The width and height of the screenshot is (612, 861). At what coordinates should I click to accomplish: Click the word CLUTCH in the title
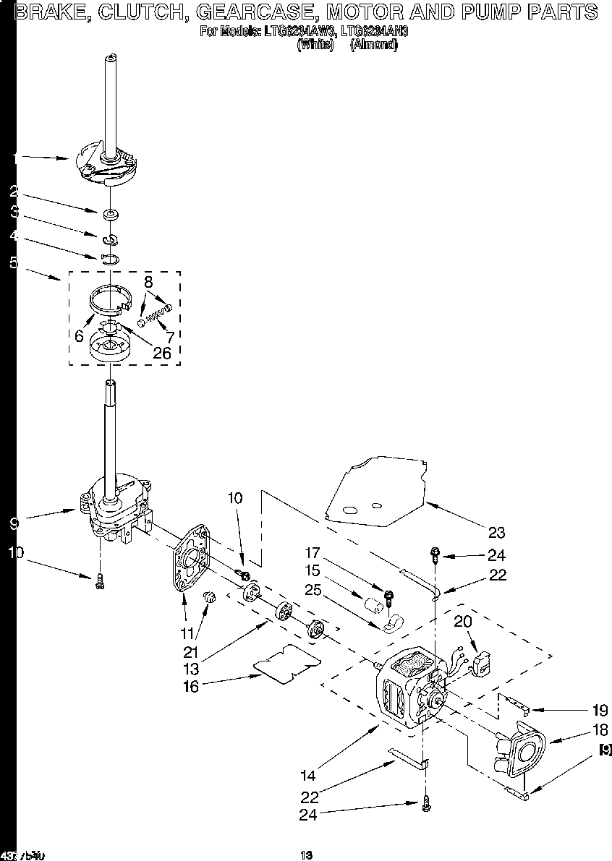tap(132, 12)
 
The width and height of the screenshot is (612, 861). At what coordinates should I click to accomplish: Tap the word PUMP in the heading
tap(472, 12)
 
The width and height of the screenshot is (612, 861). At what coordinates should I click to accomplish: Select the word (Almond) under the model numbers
tap(373, 43)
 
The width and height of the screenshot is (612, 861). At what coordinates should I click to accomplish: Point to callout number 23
tap(496, 533)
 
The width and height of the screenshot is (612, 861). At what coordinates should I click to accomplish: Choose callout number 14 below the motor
tap(309, 776)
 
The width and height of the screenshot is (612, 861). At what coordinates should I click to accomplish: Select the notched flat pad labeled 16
tap(286, 662)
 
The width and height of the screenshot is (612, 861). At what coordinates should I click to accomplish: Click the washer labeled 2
tap(110, 215)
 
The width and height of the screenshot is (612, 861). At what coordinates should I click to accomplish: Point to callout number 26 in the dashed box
tap(163, 354)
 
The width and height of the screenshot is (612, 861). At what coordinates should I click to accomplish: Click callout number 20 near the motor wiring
tap(463, 621)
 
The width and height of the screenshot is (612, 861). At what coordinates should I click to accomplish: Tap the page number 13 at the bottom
tap(306, 855)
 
